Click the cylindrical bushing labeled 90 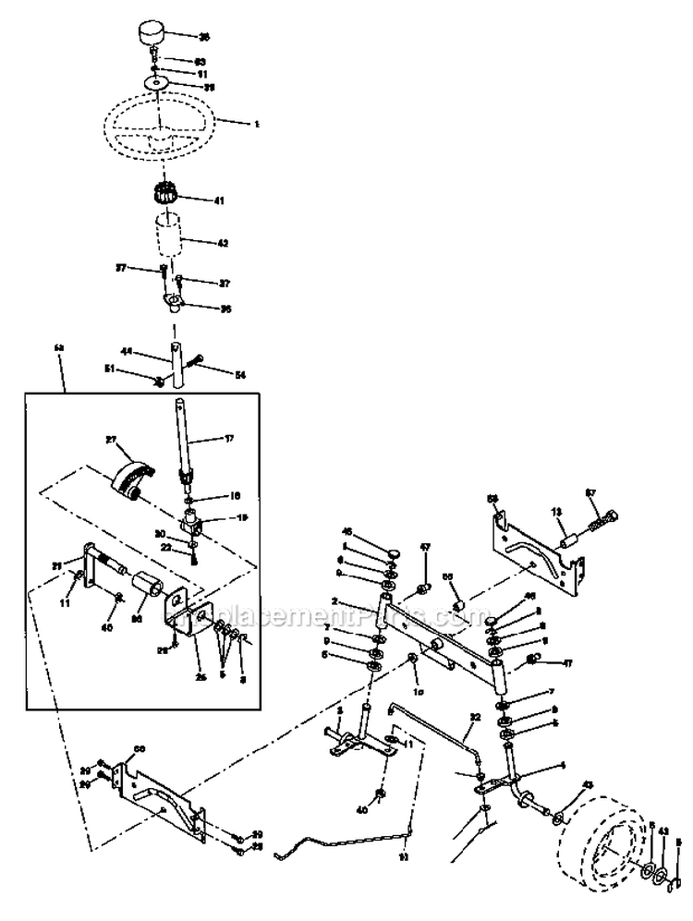pyautogui.click(x=147, y=588)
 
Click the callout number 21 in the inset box pyautogui.click(x=55, y=565)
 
